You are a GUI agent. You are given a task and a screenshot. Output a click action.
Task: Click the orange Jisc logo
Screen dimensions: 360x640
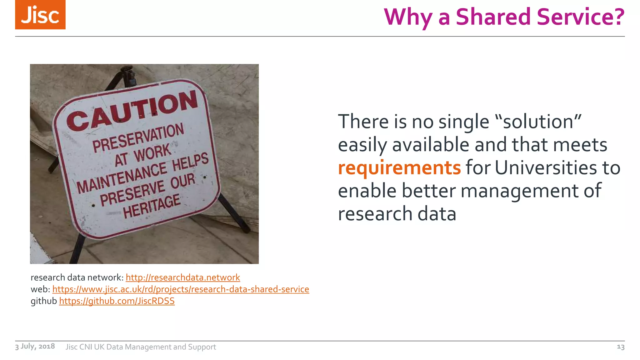click(40, 15)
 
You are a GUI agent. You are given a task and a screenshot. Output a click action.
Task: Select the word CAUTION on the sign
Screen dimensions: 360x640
click(132, 111)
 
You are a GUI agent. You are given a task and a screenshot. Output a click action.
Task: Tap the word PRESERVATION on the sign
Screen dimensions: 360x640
click(138, 137)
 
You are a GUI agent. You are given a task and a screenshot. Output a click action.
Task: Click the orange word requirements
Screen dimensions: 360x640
click(399, 168)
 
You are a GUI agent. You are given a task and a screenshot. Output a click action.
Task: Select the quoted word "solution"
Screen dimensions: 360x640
click(538, 122)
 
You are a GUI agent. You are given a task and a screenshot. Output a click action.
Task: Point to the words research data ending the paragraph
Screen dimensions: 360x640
click(397, 214)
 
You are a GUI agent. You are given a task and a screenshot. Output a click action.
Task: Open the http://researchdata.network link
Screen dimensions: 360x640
click(183, 277)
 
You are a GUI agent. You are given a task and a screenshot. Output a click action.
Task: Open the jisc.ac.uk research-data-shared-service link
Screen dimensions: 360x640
click(181, 289)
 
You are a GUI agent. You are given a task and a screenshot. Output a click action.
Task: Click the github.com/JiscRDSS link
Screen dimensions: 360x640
click(117, 301)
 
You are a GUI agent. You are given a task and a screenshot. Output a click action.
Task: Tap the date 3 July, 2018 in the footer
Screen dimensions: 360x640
click(35, 346)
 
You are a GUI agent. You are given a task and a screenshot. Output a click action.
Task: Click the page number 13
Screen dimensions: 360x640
click(620, 347)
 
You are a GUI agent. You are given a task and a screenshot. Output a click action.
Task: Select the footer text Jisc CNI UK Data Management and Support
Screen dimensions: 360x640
click(141, 347)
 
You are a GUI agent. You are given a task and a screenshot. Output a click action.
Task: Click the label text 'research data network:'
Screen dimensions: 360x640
click(77, 277)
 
